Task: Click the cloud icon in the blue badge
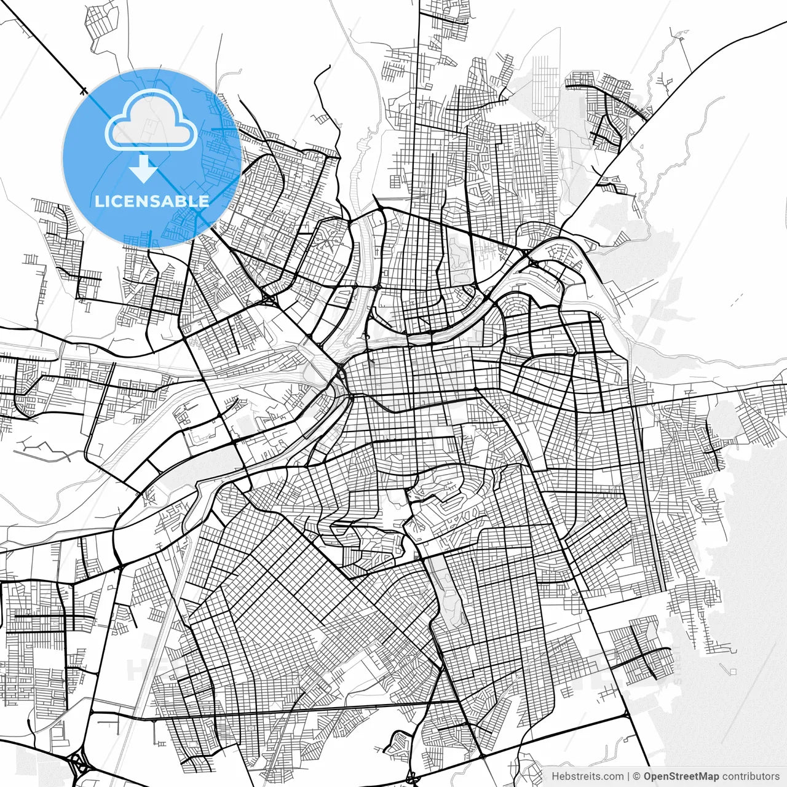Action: pos(151,121)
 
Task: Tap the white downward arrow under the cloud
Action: pos(144,168)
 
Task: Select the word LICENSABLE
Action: pos(152,201)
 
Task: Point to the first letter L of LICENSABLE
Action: pos(98,201)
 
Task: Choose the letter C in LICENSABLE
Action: pos(117,201)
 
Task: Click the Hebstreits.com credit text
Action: pos(587,777)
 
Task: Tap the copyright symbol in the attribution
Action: pos(637,777)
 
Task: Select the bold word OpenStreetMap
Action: pos(681,777)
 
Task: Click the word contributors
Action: pos(750,777)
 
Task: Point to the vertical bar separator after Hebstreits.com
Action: pos(628,777)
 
